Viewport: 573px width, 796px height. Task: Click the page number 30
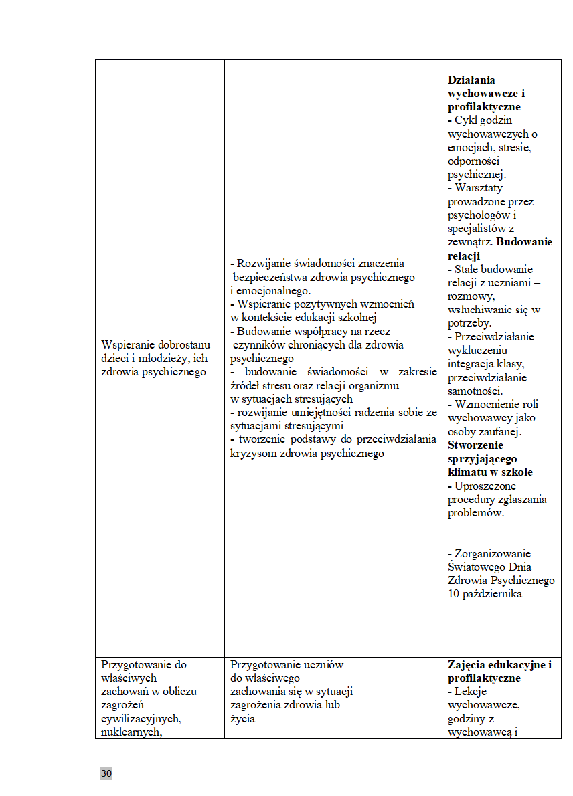tap(106, 774)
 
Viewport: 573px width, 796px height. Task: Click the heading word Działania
tap(471, 80)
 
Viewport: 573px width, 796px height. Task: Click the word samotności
tap(474, 391)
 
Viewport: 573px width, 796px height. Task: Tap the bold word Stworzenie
tap(476, 445)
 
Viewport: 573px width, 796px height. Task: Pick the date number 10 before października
tap(454, 593)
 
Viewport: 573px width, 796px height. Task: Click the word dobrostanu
tap(185, 345)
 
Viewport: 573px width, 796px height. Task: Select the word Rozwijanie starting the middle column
tap(266, 264)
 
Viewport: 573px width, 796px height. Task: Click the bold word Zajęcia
tap(468, 665)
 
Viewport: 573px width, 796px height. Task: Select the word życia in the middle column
tap(242, 719)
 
